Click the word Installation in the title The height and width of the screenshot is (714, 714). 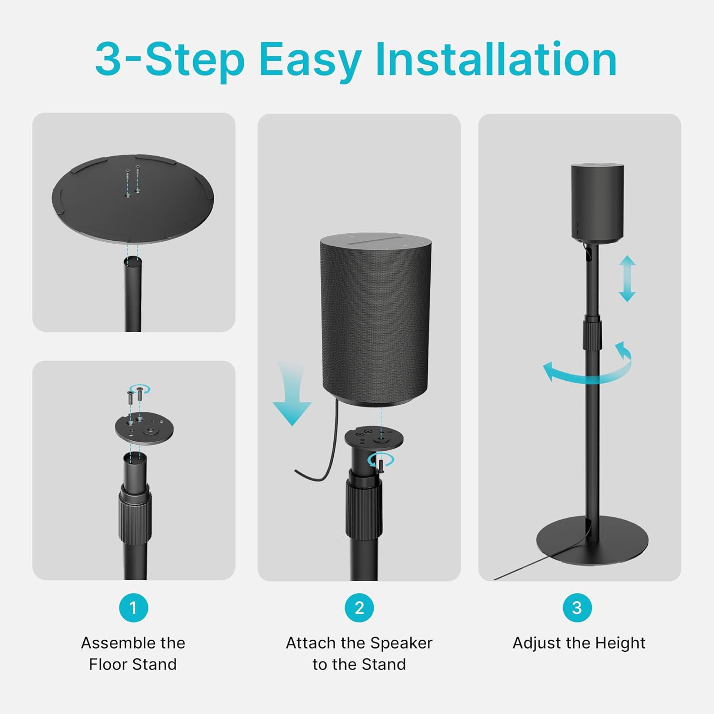tap(496, 59)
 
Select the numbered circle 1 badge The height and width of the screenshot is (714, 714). tap(133, 607)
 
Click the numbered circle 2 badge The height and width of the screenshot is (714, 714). tap(359, 607)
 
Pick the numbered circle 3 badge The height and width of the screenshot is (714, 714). tap(577, 607)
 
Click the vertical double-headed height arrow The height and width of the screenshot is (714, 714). tap(627, 278)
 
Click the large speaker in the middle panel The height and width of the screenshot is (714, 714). tap(376, 319)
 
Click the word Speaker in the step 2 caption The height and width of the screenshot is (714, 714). tap(401, 643)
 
